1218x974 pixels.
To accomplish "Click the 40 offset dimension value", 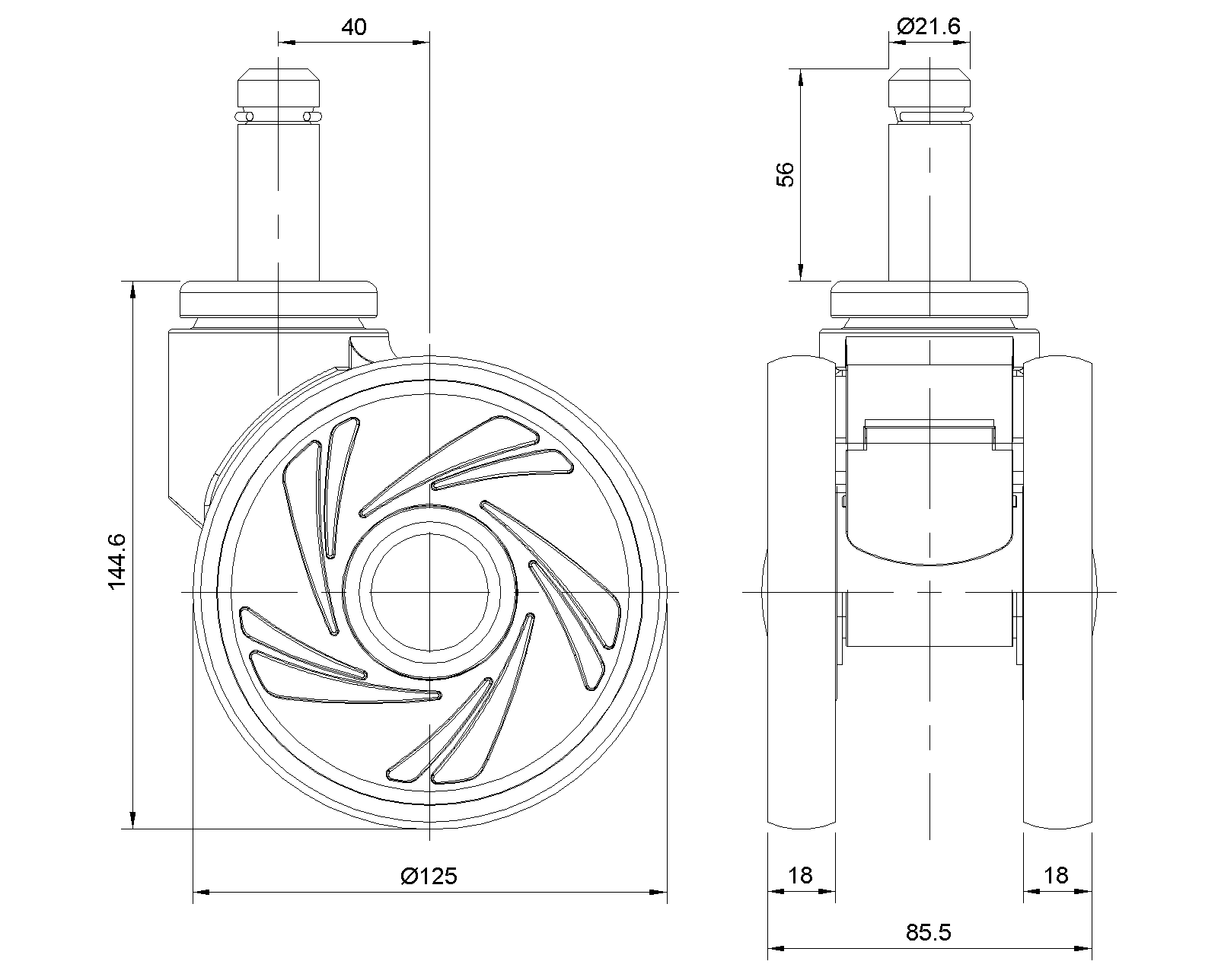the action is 354,27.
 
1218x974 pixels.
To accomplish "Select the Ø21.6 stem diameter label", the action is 929,26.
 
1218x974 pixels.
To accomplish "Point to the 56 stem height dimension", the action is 785,174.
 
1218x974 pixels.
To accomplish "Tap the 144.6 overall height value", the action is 116,561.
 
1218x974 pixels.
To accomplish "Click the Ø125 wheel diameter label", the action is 429,876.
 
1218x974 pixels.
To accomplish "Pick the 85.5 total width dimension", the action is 928,932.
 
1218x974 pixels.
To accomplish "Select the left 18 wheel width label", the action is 800,876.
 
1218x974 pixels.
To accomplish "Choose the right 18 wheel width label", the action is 1056,876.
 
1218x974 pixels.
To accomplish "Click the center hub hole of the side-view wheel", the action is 429,592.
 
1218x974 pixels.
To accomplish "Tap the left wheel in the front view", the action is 802,592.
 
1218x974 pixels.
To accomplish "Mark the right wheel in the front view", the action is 1057,592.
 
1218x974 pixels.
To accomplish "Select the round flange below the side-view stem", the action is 279,299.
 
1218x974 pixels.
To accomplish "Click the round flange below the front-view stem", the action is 929,299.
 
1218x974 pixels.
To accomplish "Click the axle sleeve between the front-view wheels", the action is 929,619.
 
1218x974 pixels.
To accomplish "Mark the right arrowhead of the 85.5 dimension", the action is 1083,949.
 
